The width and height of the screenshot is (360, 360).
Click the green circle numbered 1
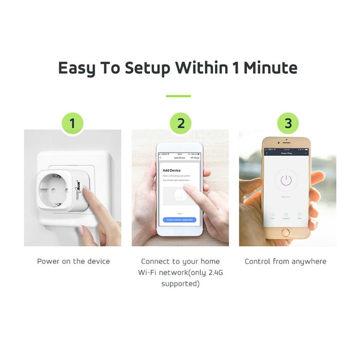point(73,123)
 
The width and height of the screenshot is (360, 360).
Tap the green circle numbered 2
point(181,123)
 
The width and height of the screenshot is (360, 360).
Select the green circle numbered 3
point(288,123)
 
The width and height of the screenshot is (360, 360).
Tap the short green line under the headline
point(178,96)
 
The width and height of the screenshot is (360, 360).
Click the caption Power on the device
point(74,261)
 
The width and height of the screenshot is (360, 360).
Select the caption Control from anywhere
point(285,261)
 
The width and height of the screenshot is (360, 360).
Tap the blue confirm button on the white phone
point(180,220)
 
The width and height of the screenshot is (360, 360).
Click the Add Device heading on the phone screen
point(171,170)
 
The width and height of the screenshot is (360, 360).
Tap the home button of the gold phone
point(286,233)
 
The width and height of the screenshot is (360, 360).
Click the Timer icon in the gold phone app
point(299,215)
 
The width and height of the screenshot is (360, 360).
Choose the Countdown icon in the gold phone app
point(286,215)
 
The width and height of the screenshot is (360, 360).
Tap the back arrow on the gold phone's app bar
point(267,153)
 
